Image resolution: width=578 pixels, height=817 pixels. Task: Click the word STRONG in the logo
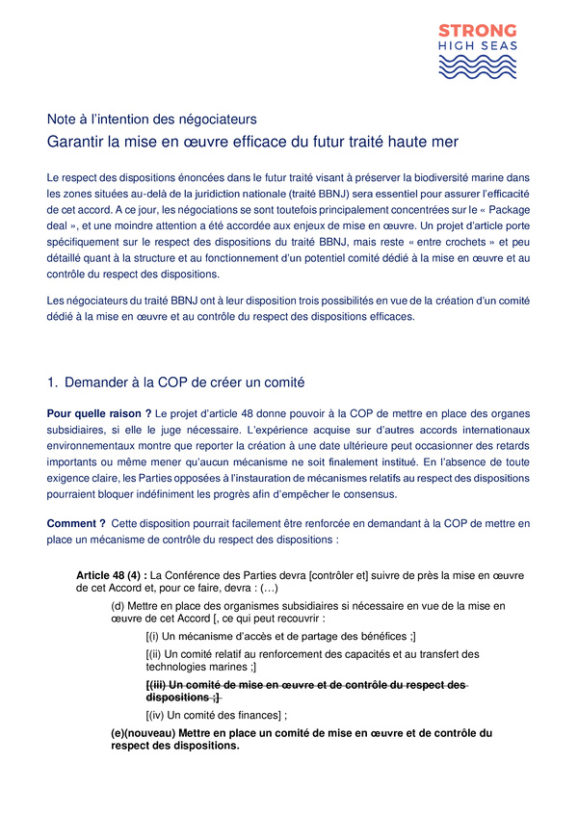click(x=478, y=30)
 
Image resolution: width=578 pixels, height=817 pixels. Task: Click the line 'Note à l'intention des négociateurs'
click(x=152, y=120)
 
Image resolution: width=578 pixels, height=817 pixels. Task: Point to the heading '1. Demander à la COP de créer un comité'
click(x=182, y=384)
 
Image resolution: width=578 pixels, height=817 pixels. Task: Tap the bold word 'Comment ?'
click(x=75, y=523)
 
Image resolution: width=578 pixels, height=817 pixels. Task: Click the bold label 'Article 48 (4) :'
click(x=112, y=575)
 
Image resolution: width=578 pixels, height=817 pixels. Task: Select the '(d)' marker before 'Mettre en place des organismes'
click(x=118, y=606)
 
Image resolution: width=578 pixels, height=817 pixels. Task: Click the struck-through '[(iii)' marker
click(x=157, y=684)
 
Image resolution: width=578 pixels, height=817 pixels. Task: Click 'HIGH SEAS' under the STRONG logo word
click(x=478, y=46)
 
